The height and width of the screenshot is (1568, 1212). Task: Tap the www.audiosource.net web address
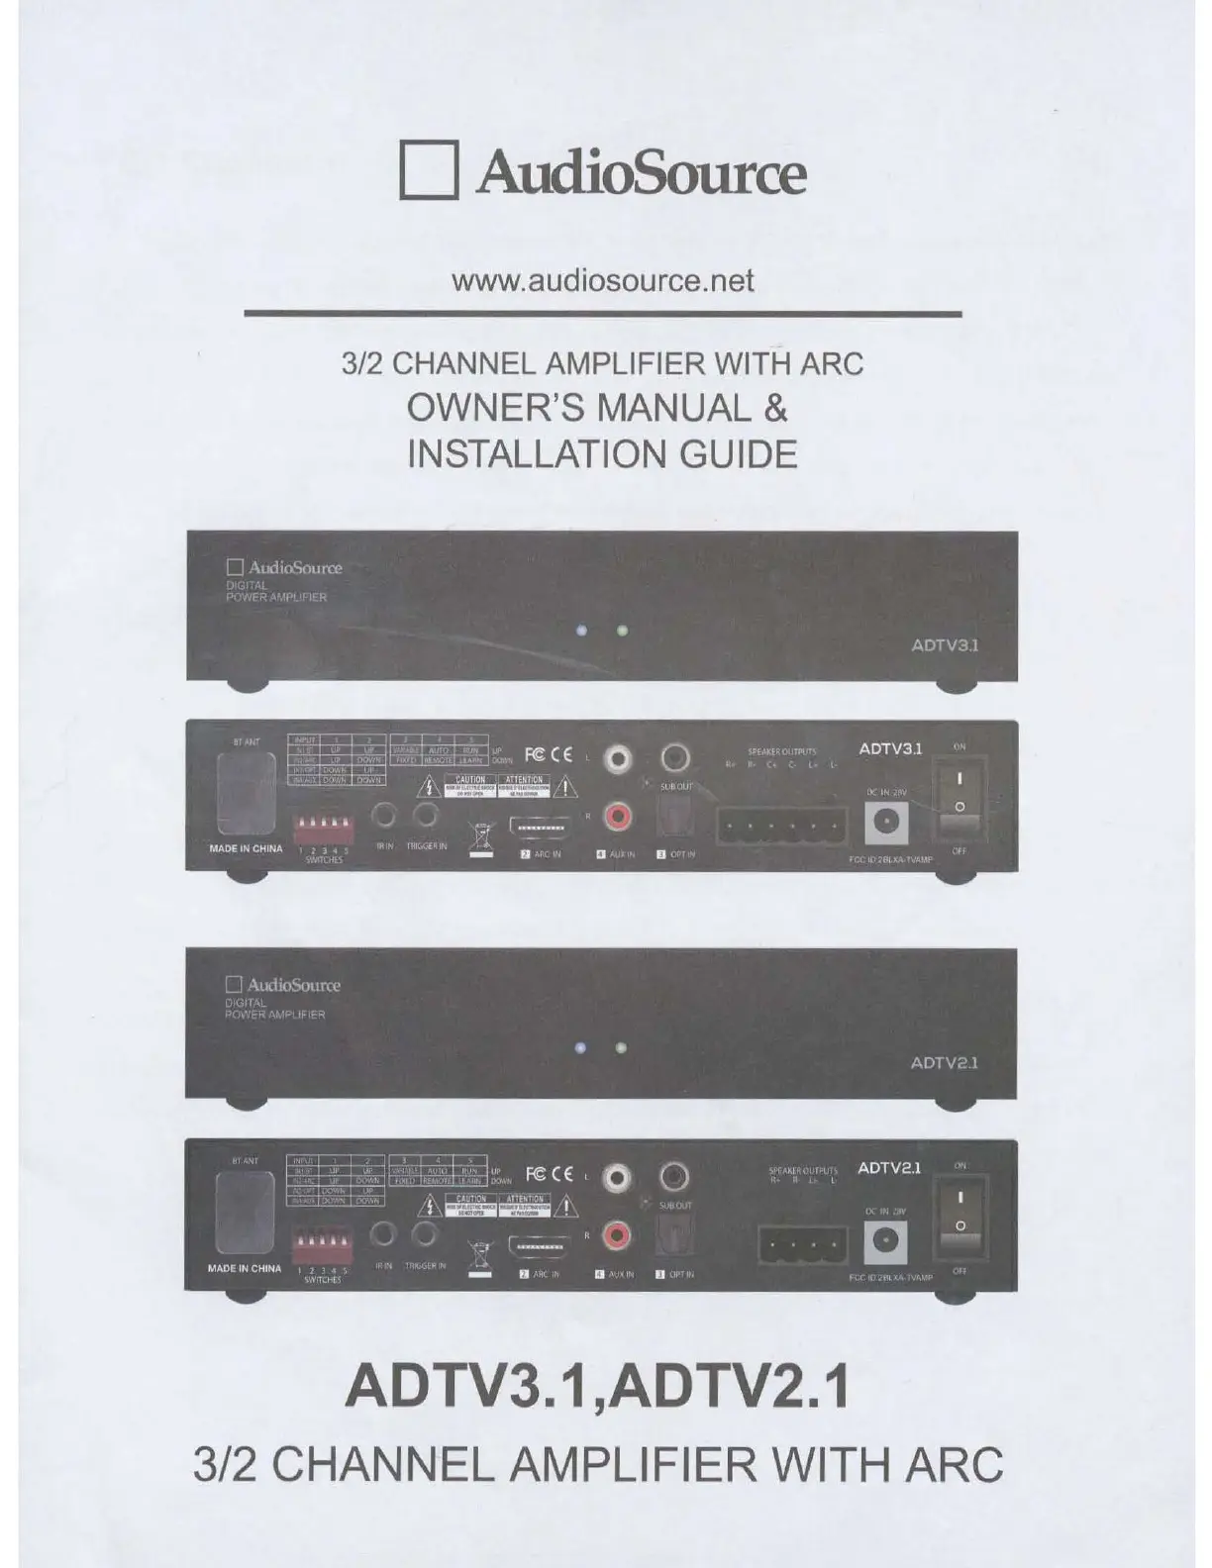click(x=602, y=281)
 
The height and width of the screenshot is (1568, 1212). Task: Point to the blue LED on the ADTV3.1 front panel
click(x=583, y=630)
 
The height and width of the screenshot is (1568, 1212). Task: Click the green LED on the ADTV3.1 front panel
click(x=622, y=630)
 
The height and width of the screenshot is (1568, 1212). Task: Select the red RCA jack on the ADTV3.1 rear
click(x=619, y=817)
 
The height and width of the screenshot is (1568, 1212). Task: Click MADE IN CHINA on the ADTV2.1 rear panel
click(x=245, y=1268)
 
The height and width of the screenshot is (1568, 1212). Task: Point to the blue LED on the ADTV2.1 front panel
click(x=582, y=1048)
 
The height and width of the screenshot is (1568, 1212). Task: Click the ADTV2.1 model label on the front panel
click(x=944, y=1063)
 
